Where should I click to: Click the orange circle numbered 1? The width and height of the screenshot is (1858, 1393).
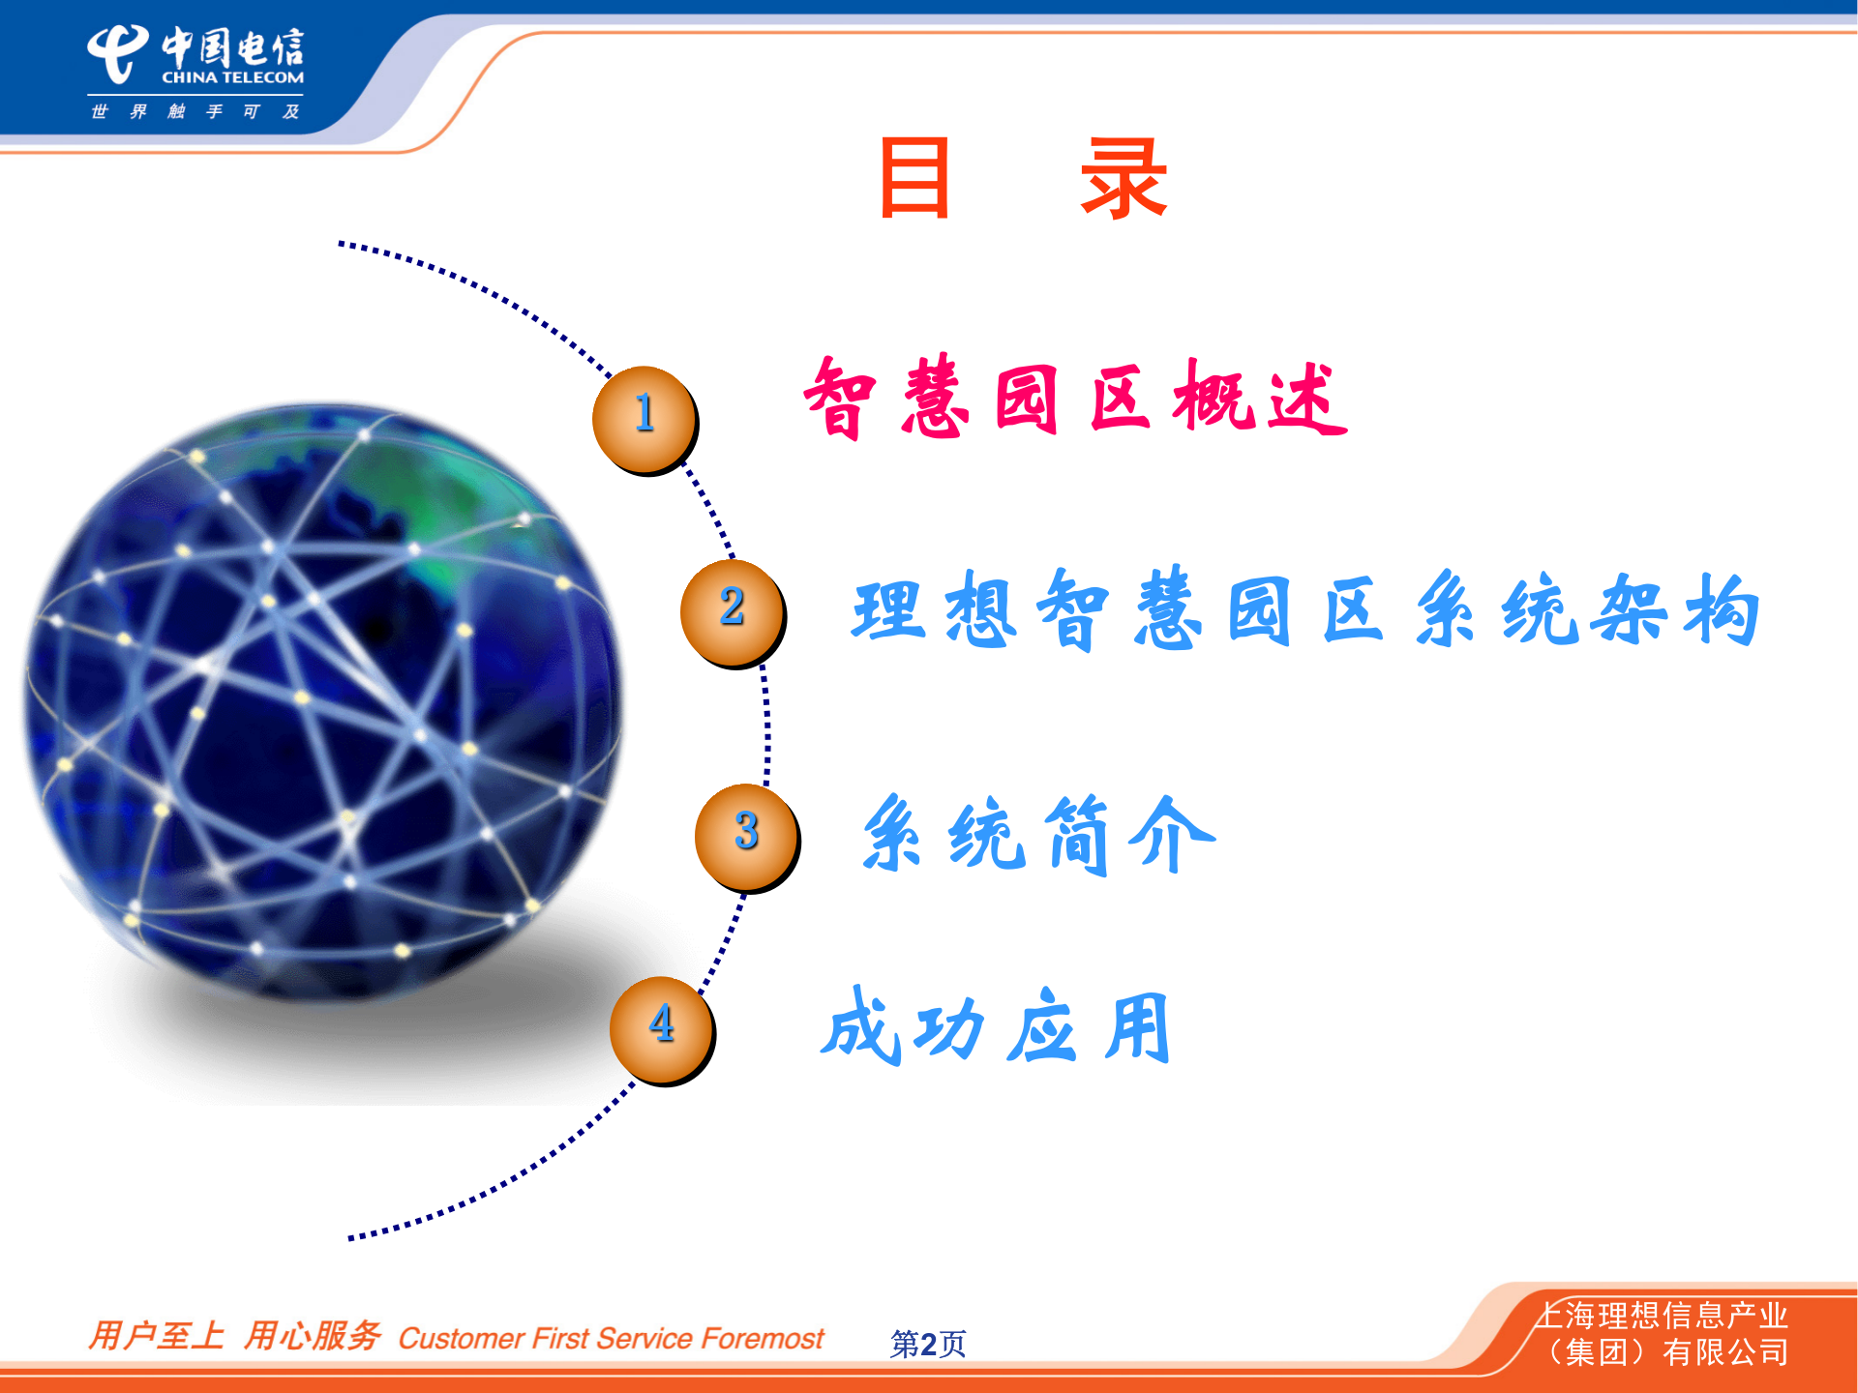pos(644,418)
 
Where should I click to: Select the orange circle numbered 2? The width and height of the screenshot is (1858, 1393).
pos(732,611)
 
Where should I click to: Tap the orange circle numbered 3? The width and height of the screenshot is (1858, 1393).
pos(746,836)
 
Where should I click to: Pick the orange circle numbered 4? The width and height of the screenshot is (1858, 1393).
pos(662,1029)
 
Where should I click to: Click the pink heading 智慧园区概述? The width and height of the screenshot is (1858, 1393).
pos(1074,399)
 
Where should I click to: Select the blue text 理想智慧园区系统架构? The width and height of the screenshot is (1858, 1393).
pos(1304,609)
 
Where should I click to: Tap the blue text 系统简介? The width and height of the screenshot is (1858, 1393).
pos(1037,834)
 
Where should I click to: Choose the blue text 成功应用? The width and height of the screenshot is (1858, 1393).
pos(997,1027)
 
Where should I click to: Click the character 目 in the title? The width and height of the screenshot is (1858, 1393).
pos(914,178)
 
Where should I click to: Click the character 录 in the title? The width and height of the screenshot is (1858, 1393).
pos(1124,178)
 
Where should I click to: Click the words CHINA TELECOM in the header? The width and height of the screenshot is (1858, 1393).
pos(232,77)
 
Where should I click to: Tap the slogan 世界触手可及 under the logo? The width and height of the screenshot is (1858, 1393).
pos(195,112)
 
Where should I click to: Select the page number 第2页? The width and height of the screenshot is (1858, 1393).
pos(927,1343)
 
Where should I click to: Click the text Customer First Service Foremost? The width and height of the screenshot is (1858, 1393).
pos(611,1339)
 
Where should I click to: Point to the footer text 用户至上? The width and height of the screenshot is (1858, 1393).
pos(156,1336)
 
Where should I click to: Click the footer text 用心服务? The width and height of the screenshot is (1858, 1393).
pos(312,1336)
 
